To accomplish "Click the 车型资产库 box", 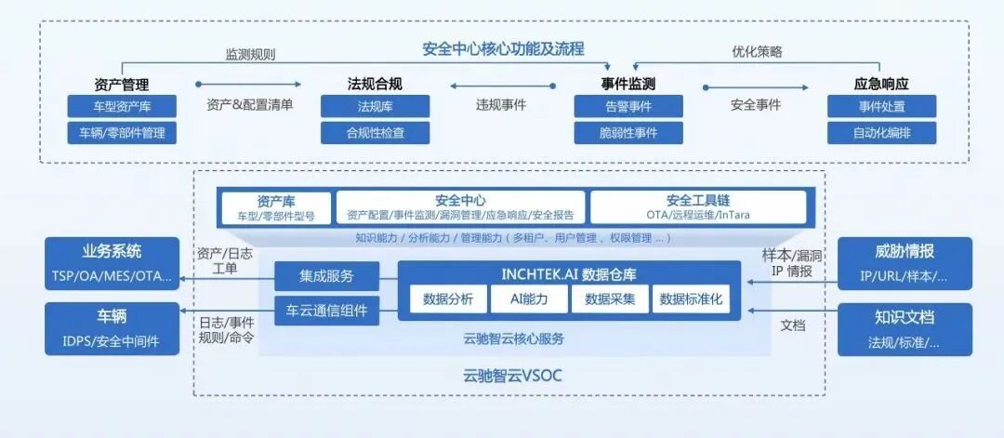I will coord(121,106).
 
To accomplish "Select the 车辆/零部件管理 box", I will coord(121,133).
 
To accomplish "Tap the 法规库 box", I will coord(375,106).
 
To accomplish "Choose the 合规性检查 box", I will coord(375,133).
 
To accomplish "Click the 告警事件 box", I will coord(628,106).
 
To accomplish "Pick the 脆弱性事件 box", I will coord(628,133).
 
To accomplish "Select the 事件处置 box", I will coord(881,106).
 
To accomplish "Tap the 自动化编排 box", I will coord(881,133).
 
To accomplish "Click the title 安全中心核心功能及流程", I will coord(503,48).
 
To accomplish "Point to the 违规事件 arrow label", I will coord(501,104).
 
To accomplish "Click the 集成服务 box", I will coord(326,276).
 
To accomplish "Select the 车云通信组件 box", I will coord(326,311).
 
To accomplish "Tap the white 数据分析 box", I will coord(448,299).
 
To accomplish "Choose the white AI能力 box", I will coord(529,299).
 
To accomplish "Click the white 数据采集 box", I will coord(609,299).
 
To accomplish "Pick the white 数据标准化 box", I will coord(691,299).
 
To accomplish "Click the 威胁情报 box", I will coord(905,263).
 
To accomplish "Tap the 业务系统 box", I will coord(111,263).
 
